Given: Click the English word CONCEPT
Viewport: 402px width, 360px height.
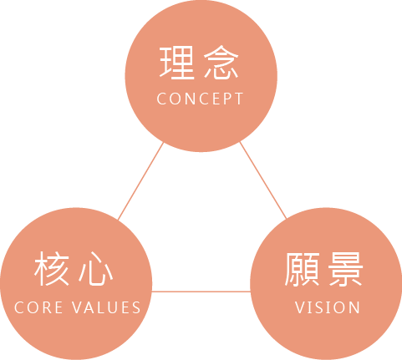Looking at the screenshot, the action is (x=200, y=99).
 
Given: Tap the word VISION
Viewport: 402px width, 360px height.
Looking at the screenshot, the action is (x=328, y=307).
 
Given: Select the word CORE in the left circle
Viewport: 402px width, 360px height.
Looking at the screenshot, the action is (x=38, y=307).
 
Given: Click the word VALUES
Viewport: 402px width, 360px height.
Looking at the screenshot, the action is (x=106, y=307).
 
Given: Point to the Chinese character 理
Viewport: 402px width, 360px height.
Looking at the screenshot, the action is (x=176, y=63).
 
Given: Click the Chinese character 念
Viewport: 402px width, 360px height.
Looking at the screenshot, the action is (x=221, y=63).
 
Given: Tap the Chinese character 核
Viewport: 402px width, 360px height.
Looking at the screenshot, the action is (x=52, y=268).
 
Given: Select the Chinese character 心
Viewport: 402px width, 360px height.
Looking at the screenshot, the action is (x=96, y=269).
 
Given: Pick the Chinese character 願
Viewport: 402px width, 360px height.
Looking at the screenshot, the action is (x=302, y=269).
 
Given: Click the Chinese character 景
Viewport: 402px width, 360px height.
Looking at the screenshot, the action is (x=345, y=269).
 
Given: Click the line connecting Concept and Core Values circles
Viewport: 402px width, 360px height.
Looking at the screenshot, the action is (x=140, y=181).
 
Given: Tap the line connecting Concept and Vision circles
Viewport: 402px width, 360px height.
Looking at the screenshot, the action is (x=263, y=180).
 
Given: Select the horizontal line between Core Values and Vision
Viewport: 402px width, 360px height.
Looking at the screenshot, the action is (x=201, y=292).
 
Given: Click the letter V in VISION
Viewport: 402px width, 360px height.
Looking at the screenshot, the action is (x=300, y=307).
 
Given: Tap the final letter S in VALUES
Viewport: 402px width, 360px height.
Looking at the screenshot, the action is (x=136, y=307).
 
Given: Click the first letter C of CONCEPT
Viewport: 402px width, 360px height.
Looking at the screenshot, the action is (x=161, y=99).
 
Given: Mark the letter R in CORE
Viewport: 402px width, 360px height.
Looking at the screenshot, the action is (x=44, y=307).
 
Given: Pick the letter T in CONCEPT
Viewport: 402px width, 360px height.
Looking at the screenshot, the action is (x=239, y=99).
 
